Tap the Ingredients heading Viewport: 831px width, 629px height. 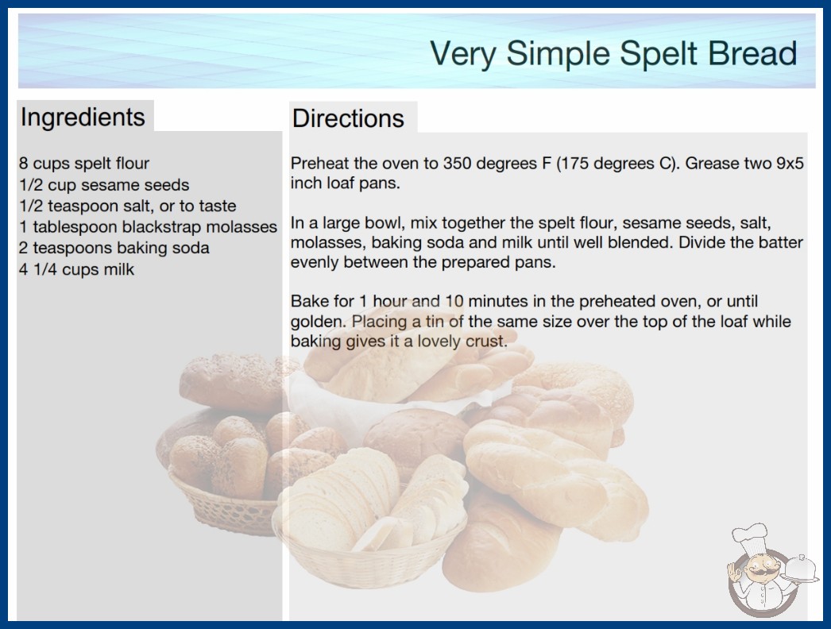(83, 118)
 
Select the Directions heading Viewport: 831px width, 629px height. (348, 118)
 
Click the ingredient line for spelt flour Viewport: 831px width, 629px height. (84, 164)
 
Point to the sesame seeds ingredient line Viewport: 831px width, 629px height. (104, 185)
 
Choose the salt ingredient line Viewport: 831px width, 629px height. (128, 206)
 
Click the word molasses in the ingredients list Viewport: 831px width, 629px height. (242, 227)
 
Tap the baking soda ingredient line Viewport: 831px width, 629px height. (114, 248)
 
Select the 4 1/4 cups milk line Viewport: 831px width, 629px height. (77, 269)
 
